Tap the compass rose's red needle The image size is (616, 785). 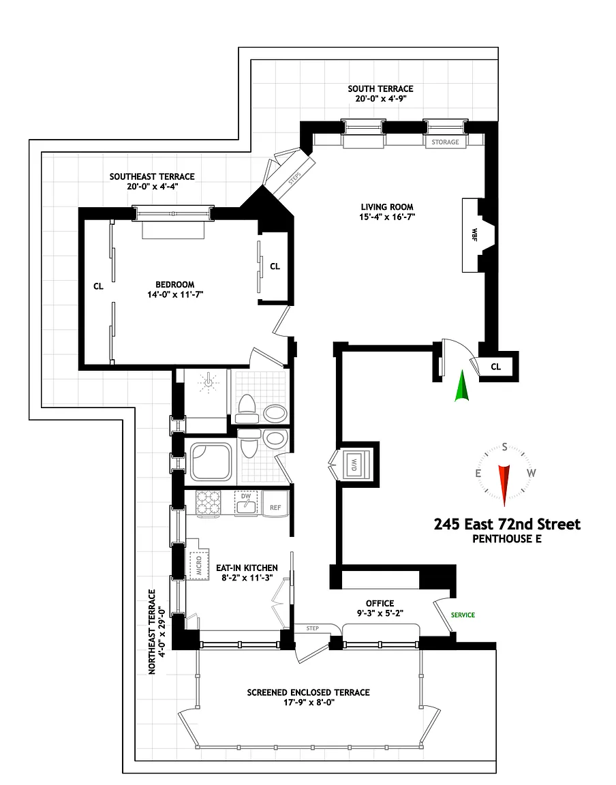tap(504, 482)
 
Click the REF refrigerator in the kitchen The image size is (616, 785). tap(275, 508)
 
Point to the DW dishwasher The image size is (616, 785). tap(246, 503)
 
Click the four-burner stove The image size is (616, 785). tap(208, 504)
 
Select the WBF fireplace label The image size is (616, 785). tap(474, 235)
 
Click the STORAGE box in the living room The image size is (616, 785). tap(446, 142)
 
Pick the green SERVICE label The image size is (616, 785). tap(463, 615)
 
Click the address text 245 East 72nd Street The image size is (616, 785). tap(507, 524)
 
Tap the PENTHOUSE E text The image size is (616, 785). tap(507, 539)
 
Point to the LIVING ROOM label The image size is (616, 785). tap(387, 207)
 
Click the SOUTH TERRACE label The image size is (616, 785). tap(380, 89)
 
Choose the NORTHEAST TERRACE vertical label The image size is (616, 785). tap(154, 631)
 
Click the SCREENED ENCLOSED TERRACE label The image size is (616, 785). tap(308, 692)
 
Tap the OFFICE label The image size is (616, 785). tap(380, 603)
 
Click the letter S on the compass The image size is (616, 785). tap(504, 447)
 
